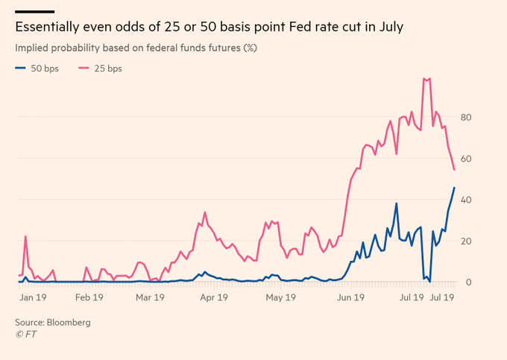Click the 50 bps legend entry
click(x=37, y=69)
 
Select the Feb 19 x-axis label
click(x=89, y=297)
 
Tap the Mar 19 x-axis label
click(x=150, y=297)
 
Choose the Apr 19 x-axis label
click(x=214, y=297)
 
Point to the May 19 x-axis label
click(x=280, y=297)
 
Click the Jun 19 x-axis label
click(x=350, y=297)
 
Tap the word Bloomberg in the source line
click(x=69, y=323)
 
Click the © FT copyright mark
click(x=25, y=335)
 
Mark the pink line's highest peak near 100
click(x=424, y=78)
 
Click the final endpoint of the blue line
click(x=454, y=188)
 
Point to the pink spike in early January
click(x=25, y=236)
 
